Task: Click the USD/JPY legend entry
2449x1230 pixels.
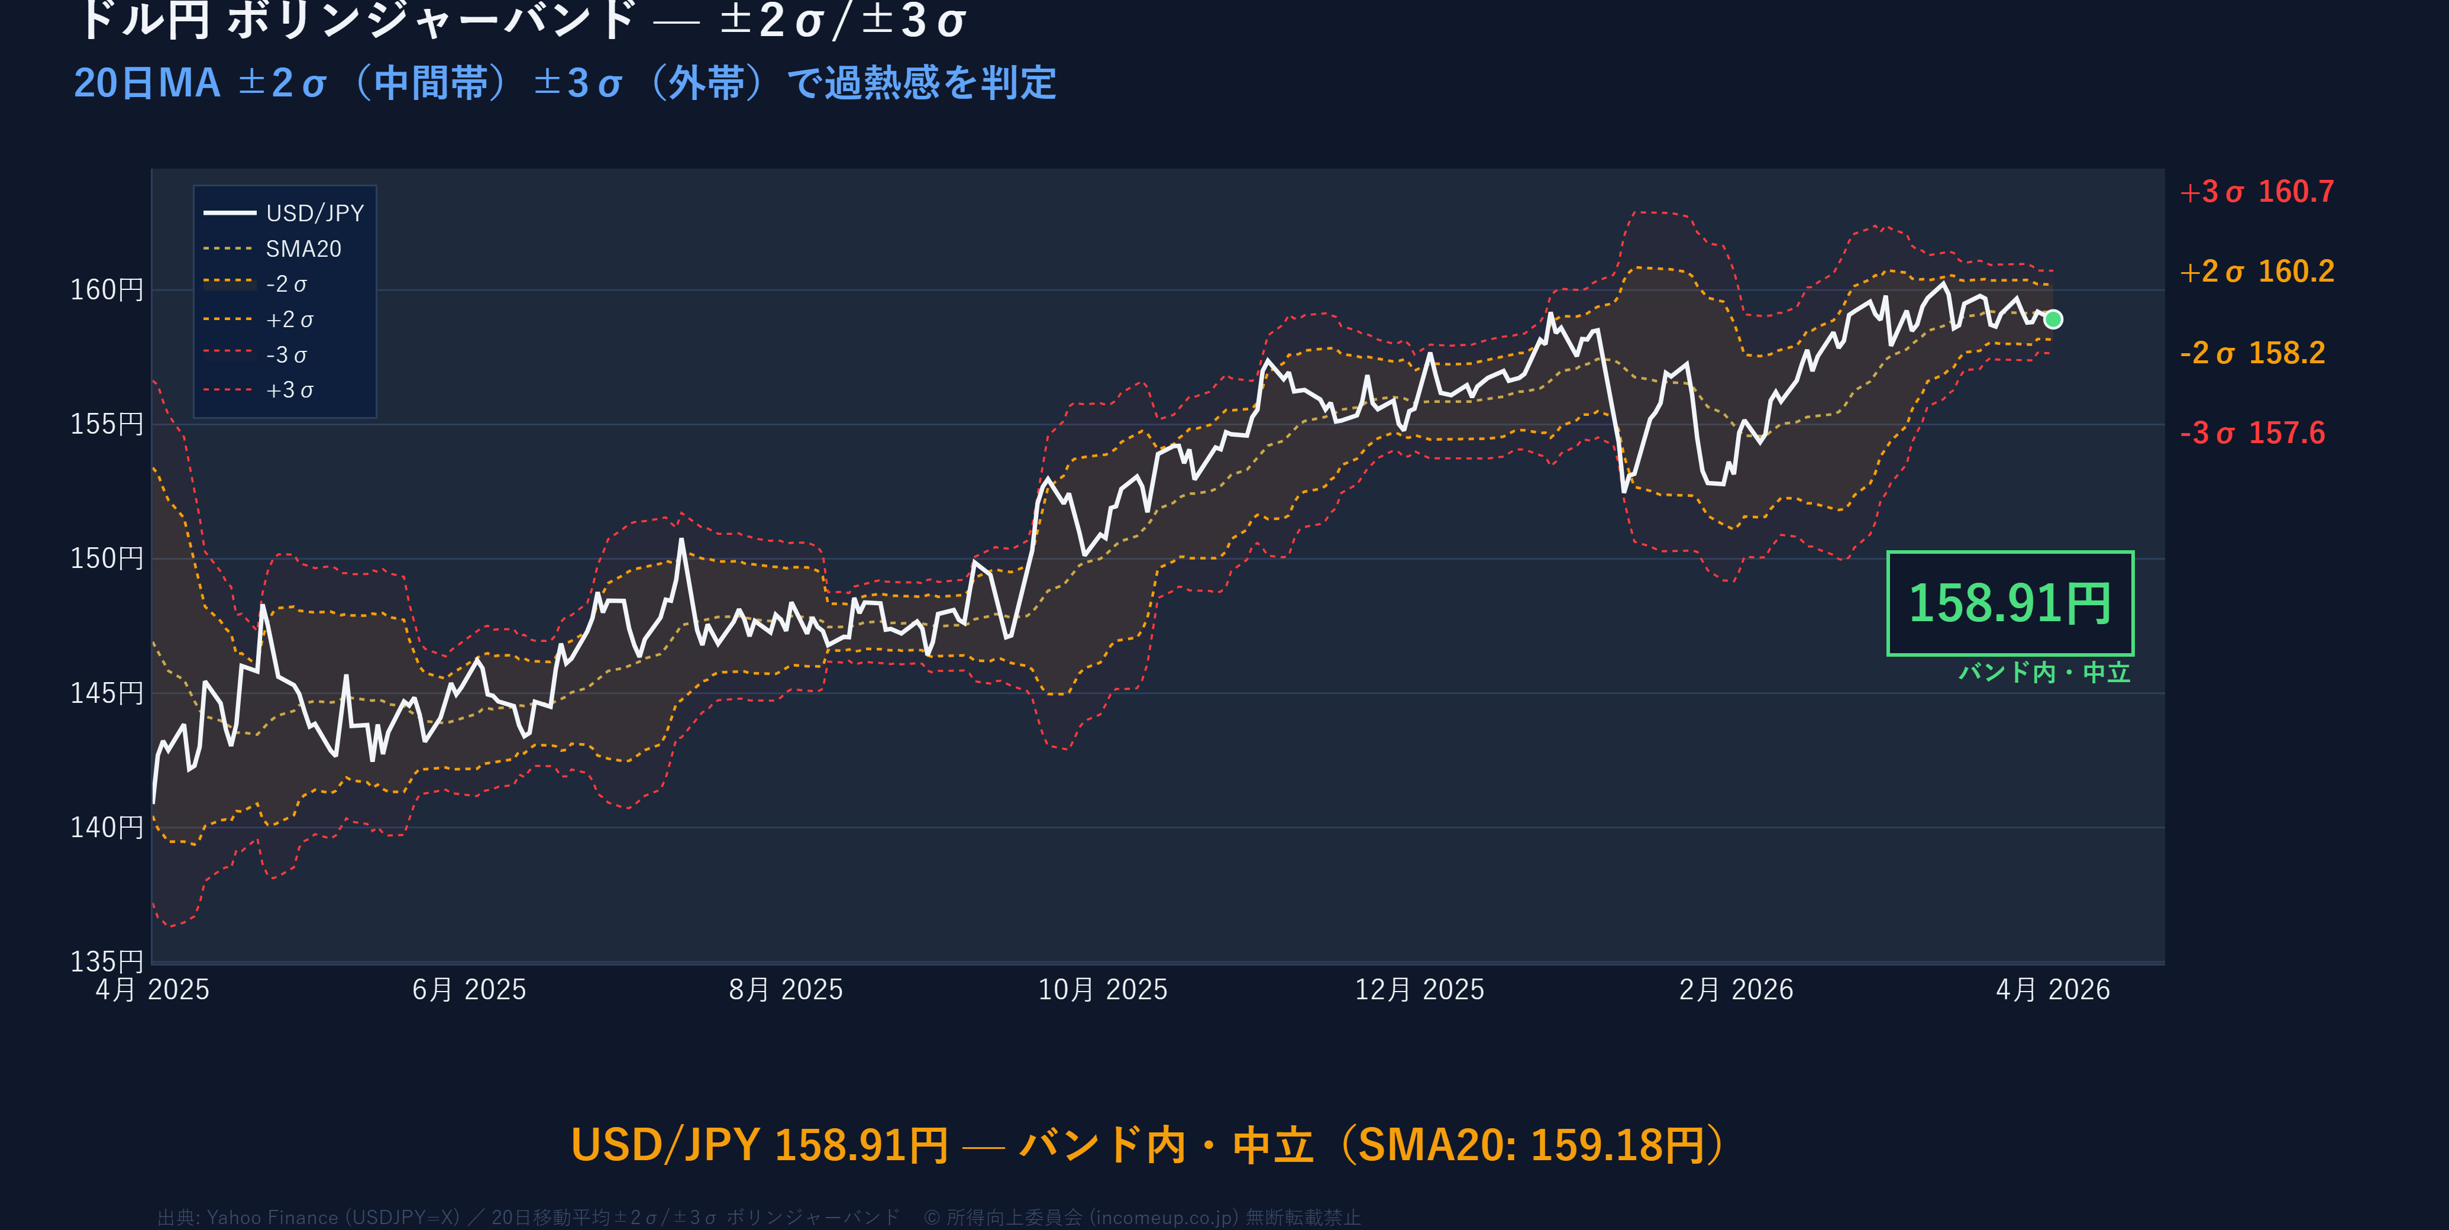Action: pos(314,213)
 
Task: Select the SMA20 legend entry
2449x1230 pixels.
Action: pos(302,249)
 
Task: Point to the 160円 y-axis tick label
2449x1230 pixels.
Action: pos(106,290)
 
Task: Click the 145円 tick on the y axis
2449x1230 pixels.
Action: pos(106,693)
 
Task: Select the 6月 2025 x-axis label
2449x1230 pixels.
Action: pos(469,990)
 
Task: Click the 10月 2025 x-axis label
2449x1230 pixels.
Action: pos(1102,990)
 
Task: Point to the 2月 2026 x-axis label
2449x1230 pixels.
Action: pos(1736,990)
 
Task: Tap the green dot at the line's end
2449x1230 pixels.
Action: pos(2053,319)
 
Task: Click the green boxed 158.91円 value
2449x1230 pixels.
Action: pos(2010,603)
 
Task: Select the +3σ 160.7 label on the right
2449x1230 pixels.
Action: pos(2256,192)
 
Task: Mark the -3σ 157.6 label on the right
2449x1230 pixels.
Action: pos(2252,434)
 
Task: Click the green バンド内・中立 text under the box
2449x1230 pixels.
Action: pos(2044,673)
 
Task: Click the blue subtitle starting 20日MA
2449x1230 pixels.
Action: pos(565,83)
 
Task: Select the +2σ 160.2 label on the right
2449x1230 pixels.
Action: pos(2256,272)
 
